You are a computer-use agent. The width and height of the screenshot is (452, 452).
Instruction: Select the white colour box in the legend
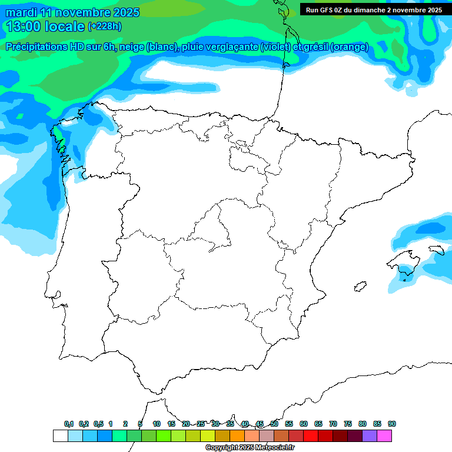(x=60, y=436)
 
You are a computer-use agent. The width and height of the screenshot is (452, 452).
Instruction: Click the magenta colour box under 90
(x=384, y=436)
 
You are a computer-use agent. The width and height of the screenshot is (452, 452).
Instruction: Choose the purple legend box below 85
(x=370, y=436)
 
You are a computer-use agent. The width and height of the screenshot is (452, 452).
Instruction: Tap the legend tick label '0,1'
(x=69, y=424)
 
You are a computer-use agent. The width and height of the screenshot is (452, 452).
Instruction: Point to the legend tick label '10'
(x=157, y=424)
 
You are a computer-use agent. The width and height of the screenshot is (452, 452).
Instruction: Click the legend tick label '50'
(x=274, y=424)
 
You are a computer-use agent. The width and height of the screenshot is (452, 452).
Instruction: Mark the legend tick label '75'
(x=348, y=424)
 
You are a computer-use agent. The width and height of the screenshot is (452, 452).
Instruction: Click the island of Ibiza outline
(x=358, y=287)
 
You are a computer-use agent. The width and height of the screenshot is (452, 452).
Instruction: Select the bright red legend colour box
(x=311, y=436)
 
